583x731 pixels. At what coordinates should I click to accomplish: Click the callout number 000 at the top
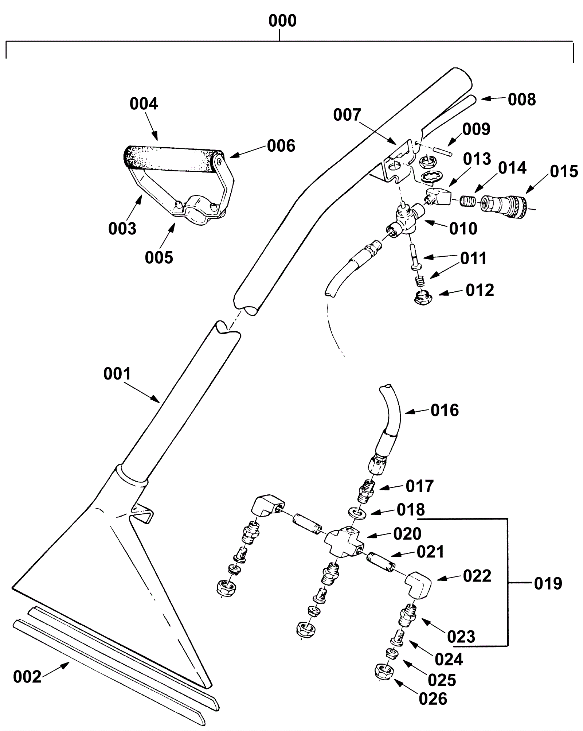pyautogui.click(x=282, y=21)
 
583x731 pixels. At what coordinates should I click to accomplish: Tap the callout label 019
pyautogui.click(x=548, y=584)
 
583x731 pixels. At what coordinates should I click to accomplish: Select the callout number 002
pyautogui.click(x=27, y=677)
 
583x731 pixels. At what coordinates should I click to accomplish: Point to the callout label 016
pyautogui.click(x=445, y=410)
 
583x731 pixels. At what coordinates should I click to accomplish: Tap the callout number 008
pyautogui.click(x=522, y=100)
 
